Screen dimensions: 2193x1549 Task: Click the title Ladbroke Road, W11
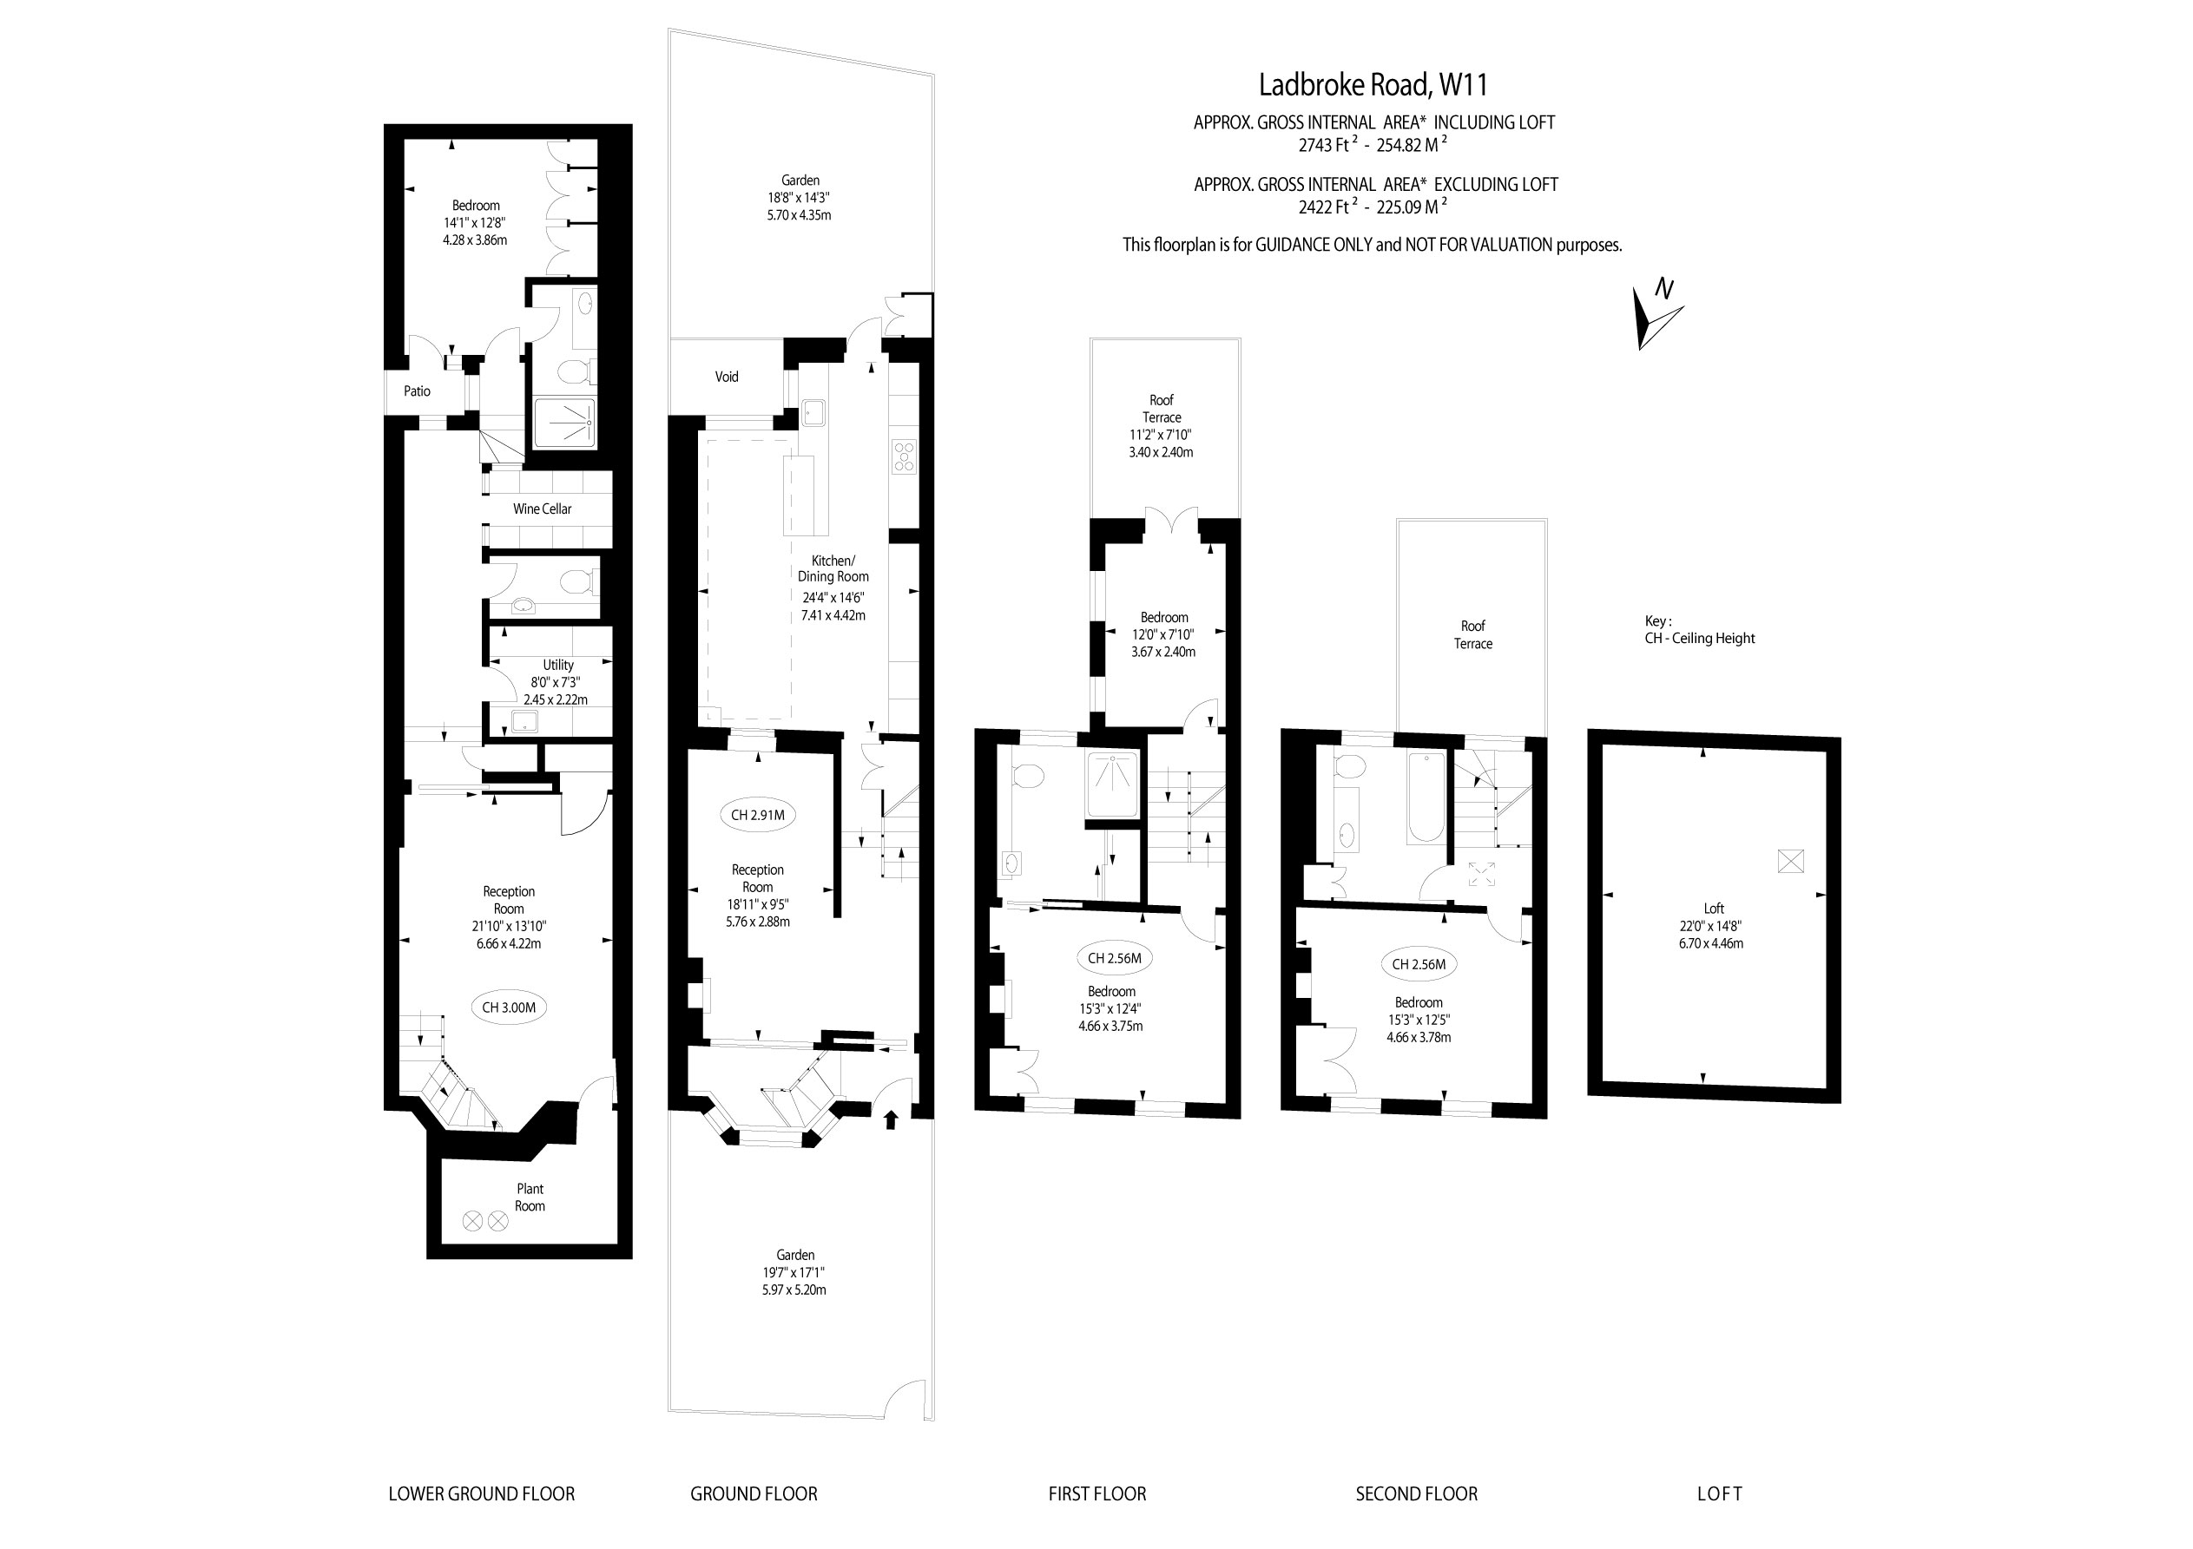[x=1373, y=85]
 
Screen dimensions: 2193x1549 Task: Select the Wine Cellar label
[x=542, y=509]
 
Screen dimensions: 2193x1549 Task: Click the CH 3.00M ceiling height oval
[x=509, y=1008]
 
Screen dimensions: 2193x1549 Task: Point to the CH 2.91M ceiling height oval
[x=757, y=815]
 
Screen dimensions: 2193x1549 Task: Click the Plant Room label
[x=530, y=1198]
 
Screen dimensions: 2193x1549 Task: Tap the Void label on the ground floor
[x=727, y=377]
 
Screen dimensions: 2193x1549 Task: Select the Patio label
[x=418, y=391]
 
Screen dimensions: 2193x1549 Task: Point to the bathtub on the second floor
[x=1426, y=798]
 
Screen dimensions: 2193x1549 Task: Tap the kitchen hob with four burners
[x=904, y=456]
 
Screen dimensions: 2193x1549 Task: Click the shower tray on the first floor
[x=1113, y=785]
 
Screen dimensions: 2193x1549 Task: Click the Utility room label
[x=559, y=666]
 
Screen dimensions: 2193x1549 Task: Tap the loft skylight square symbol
[x=1790, y=862]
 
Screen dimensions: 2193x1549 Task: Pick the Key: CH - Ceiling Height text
[x=1699, y=630]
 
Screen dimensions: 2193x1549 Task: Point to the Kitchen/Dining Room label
[x=833, y=568]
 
